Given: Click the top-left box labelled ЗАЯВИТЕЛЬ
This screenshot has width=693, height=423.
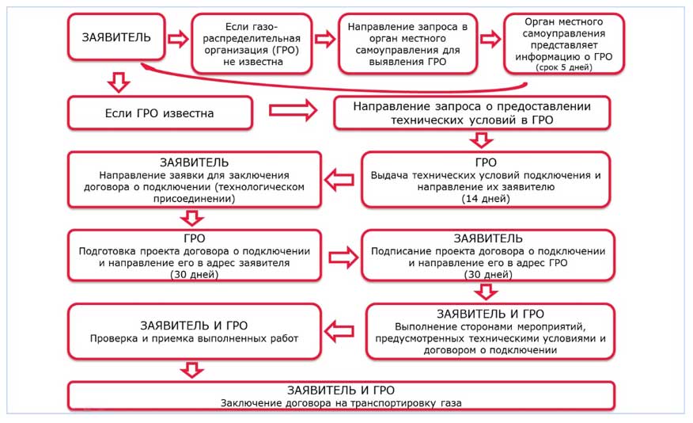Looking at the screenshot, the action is [x=116, y=36].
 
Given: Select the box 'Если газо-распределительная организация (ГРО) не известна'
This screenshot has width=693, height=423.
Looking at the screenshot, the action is [x=252, y=44].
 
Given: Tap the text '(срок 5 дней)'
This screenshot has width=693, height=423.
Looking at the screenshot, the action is [x=563, y=67].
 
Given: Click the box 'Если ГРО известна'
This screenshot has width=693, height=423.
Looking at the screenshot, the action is [x=160, y=113].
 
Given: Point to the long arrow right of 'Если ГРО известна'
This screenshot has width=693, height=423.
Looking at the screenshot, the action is [x=293, y=110].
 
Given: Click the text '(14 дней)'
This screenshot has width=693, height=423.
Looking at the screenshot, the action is [x=486, y=199].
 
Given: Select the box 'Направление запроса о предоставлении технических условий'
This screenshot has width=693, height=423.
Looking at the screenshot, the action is [x=472, y=112].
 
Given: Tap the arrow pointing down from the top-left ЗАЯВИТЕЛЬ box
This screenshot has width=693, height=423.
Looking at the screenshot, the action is [x=119, y=82].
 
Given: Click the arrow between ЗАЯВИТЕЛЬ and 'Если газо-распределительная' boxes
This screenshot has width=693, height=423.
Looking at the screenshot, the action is [x=178, y=39].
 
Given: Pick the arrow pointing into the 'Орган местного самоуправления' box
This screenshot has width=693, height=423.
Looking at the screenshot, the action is [x=490, y=39].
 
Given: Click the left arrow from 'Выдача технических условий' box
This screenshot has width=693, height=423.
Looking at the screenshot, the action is [x=339, y=180].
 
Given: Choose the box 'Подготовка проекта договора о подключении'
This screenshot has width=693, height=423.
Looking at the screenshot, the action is [x=195, y=255].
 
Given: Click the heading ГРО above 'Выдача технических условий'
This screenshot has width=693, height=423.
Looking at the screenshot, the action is [x=486, y=162].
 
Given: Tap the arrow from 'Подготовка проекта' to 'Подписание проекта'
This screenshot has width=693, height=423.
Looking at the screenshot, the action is [x=344, y=257].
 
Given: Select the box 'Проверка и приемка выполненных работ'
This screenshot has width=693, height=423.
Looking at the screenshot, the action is [x=195, y=331].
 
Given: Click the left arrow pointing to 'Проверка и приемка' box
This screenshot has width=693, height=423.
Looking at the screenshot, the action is [x=339, y=331].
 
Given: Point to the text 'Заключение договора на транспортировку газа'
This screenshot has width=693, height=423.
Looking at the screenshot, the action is [x=341, y=403].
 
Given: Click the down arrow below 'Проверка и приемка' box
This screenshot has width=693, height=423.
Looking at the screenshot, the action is [x=192, y=370].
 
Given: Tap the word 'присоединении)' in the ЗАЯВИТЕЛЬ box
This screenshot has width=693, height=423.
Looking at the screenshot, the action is [x=194, y=199].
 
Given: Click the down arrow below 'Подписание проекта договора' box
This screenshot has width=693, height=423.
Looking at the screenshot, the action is [x=487, y=292].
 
